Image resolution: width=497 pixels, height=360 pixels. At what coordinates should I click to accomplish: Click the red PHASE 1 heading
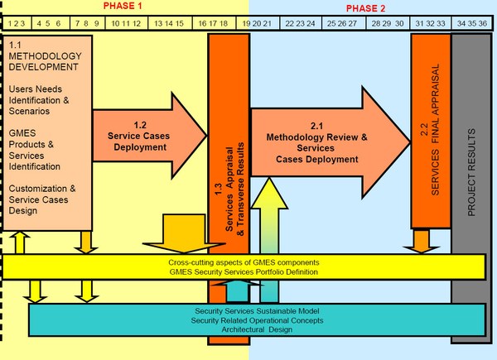click(x=123, y=6)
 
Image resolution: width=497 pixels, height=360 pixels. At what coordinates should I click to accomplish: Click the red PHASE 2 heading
click(x=365, y=8)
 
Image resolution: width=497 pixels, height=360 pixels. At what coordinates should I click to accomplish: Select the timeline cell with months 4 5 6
click(x=51, y=23)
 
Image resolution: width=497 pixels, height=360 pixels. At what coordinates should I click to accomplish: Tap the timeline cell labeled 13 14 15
click(x=170, y=23)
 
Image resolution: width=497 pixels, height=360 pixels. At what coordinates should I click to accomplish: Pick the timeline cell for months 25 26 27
click(x=344, y=23)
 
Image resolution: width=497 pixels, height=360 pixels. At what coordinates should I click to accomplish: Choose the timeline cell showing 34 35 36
click(x=471, y=23)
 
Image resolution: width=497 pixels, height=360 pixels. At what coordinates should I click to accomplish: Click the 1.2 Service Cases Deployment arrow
click(x=149, y=136)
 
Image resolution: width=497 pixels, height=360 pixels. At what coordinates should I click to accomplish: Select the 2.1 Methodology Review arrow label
click(x=316, y=142)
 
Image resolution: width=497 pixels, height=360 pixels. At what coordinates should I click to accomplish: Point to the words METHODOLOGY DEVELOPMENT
click(x=45, y=61)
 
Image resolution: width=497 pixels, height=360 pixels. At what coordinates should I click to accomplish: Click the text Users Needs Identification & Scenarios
click(x=39, y=100)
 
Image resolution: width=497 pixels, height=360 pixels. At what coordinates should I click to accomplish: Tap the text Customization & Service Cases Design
click(x=42, y=199)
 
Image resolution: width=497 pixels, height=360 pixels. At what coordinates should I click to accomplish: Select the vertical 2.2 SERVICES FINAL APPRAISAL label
click(x=431, y=130)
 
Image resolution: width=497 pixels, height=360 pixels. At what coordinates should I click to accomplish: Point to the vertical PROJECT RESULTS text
click(x=471, y=172)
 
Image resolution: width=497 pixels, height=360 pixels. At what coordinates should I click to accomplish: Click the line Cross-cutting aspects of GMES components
click(x=244, y=262)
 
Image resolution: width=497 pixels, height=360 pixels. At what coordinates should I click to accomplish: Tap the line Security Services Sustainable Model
click(x=257, y=311)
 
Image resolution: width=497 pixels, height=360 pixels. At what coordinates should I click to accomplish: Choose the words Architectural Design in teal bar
click(x=257, y=329)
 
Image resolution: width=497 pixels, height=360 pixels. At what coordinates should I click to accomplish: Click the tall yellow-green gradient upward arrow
click(x=269, y=240)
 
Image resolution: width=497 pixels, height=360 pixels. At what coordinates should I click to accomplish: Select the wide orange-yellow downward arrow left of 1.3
click(x=184, y=233)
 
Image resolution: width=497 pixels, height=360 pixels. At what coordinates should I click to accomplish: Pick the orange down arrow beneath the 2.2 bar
click(x=422, y=242)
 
